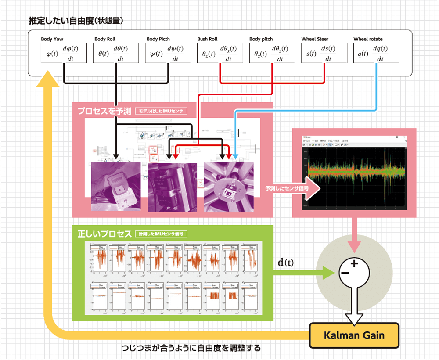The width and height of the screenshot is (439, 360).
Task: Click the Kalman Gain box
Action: click(x=354, y=336)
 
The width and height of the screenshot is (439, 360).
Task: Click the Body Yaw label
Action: click(x=52, y=39)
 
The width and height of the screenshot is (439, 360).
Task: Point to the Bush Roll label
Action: click(x=207, y=39)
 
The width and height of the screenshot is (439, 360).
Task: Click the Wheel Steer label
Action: click(x=315, y=39)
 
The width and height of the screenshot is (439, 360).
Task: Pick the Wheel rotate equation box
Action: click(x=376, y=53)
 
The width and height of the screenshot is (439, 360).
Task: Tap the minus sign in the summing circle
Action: click(x=345, y=273)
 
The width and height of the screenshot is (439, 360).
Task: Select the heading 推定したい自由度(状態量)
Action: click(x=75, y=21)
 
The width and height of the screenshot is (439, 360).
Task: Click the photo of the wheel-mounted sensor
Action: click(x=229, y=187)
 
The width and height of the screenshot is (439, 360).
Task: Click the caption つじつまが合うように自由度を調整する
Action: click(x=191, y=349)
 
